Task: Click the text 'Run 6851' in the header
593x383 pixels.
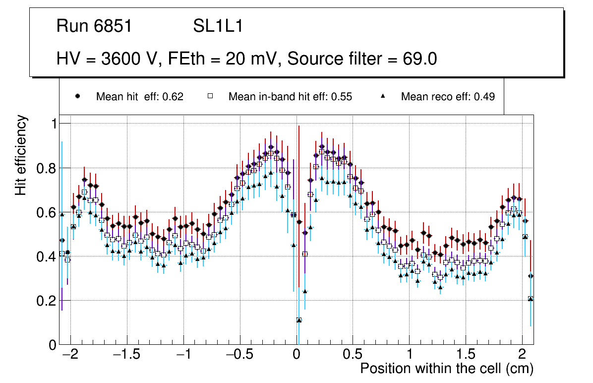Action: point(94,26)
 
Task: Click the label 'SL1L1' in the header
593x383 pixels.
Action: point(218,26)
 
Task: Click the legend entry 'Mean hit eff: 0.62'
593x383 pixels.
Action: point(139,97)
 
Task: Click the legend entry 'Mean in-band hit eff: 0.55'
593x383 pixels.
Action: point(290,97)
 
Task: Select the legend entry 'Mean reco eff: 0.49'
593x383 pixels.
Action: point(448,97)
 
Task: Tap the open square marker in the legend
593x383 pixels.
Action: point(210,97)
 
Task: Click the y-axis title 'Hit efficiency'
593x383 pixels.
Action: point(21,155)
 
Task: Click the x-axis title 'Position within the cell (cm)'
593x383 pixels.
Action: point(446,369)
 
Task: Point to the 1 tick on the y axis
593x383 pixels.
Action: point(51,124)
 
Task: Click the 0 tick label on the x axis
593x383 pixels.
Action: point(296,355)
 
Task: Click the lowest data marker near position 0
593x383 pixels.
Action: point(299,320)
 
